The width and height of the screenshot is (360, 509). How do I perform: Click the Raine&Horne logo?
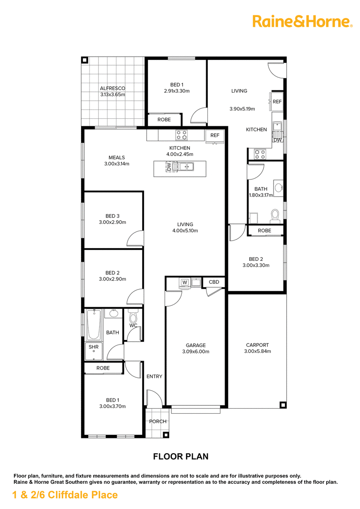coord(302,22)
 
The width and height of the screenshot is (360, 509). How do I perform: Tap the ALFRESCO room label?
coord(112,88)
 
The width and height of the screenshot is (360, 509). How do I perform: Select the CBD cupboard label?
coord(214,282)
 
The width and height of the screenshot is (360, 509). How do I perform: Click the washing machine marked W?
coord(185,282)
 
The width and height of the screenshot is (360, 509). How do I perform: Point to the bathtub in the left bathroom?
coord(94,325)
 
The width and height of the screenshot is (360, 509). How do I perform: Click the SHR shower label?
coord(94,347)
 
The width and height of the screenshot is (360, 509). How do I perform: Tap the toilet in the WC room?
coord(133,316)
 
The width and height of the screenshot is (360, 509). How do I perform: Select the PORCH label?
coord(157,421)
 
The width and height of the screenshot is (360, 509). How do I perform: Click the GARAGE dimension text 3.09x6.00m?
coord(196,352)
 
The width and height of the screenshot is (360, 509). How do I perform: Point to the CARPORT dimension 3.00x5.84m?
coord(257,351)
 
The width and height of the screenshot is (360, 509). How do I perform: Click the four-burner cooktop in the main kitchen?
coord(181,135)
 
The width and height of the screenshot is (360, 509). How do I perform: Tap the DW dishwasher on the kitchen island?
coord(169,167)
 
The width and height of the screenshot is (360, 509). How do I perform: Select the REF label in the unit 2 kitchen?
coord(277,102)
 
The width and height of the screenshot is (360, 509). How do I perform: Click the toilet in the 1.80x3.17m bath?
coord(275,215)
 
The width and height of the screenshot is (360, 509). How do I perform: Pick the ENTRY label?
coord(154,376)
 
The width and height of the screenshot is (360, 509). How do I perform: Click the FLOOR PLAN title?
coord(180,456)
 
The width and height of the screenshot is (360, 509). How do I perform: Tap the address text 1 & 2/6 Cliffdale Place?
coord(65,495)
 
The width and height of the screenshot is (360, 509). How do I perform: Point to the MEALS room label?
coord(117,158)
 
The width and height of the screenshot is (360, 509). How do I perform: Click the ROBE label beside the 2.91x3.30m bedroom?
coord(164,120)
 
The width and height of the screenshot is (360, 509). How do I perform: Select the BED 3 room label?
coord(112,216)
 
